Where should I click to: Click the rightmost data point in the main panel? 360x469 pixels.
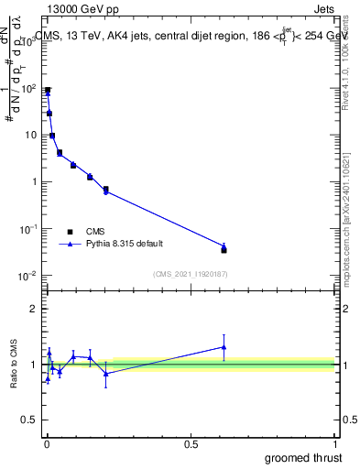tap(224, 249)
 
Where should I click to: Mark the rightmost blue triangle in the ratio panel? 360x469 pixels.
tap(224, 346)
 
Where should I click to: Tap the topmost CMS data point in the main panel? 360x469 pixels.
tap(48, 91)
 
